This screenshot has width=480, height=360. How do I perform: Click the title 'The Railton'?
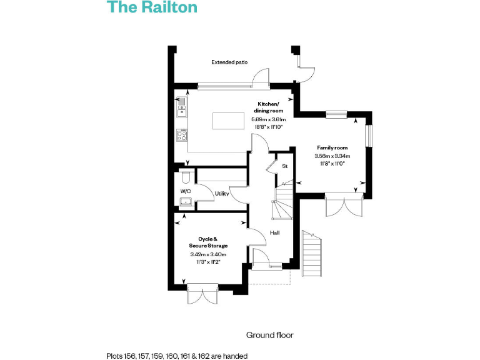coord(152,7)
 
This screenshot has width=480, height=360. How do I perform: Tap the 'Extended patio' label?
coord(229,62)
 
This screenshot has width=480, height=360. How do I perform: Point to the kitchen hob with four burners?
coord(182,135)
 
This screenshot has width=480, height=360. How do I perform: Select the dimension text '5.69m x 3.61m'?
coord(268,119)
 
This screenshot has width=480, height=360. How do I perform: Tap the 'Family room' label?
coord(332,147)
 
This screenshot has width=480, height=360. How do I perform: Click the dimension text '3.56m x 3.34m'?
coord(332,156)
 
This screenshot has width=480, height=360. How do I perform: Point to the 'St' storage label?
coord(284,166)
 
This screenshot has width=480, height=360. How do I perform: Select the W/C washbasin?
coord(186,201)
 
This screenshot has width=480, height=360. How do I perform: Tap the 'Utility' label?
coord(222,194)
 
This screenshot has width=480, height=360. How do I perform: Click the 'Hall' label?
coord(274,232)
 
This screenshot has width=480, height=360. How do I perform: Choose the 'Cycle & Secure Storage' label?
coord(208,242)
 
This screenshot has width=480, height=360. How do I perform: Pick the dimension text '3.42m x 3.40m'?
coord(208,254)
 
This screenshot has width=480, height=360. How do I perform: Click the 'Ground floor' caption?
coord(269,336)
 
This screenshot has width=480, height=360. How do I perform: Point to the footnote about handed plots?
coord(177,356)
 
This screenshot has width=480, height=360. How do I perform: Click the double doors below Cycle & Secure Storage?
coord(202,294)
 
